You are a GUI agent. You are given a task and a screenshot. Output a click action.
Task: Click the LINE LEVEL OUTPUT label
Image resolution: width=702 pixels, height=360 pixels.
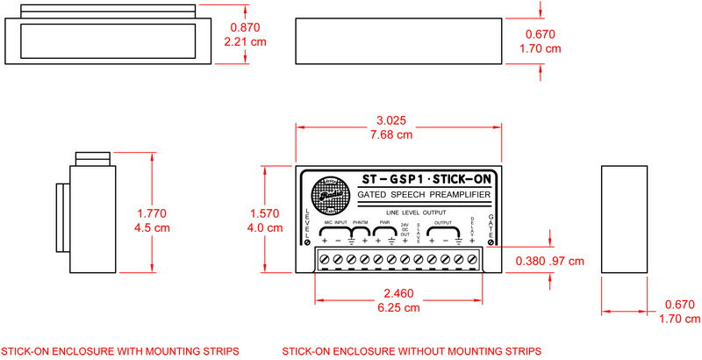click(x=409, y=213)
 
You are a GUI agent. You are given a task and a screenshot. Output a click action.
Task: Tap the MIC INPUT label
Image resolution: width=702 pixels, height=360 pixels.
click(x=334, y=223)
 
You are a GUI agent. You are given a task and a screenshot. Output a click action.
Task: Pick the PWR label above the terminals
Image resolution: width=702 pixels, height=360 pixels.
click(x=383, y=223)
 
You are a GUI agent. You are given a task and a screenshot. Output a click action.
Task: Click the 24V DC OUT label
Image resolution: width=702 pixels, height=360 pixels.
click(x=405, y=229)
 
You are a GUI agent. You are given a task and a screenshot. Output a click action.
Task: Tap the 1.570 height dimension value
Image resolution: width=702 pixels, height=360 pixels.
click(x=267, y=212)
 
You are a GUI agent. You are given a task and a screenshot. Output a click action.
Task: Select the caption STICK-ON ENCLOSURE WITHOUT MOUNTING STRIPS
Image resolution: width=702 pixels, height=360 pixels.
click(x=412, y=351)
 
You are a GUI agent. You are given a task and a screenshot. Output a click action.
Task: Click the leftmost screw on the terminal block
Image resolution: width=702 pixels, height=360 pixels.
click(x=324, y=259)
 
